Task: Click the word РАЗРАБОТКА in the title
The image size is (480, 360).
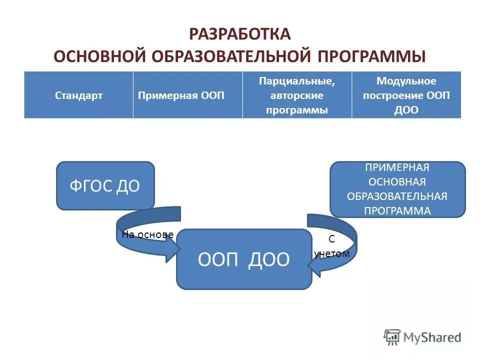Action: (x=240, y=34)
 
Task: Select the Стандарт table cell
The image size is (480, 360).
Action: (x=78, y=95)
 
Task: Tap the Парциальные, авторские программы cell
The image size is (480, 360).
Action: (x=297, y=95)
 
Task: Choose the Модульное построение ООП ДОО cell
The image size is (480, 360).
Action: (x=406, y=95)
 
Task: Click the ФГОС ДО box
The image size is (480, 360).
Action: (x=105, y=185)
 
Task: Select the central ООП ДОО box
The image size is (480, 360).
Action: (x=244, y=259)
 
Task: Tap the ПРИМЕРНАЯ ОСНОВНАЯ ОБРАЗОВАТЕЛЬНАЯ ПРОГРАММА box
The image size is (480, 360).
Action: (x=397, y=189)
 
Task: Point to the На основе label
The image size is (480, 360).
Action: (x=147, y=234)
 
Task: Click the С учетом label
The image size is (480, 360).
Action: (x=331, y=246)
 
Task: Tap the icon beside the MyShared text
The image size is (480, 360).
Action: (x=392, y=337)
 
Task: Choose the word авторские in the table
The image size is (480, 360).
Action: (x=297, y=95)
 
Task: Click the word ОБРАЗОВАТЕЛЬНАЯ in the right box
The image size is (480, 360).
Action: (x=397, y=196)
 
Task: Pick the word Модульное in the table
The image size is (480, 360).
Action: (x=406, y=81)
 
